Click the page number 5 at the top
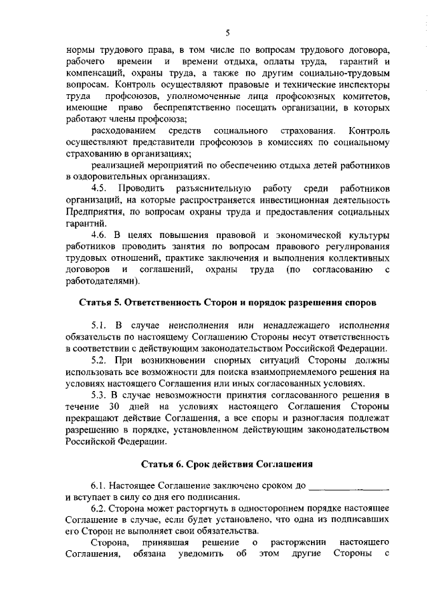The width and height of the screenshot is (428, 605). click(x=228, y=33)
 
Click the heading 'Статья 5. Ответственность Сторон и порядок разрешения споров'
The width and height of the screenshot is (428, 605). click(x=227, y=304)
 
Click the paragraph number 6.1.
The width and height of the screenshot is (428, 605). click(x=99, y=485)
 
